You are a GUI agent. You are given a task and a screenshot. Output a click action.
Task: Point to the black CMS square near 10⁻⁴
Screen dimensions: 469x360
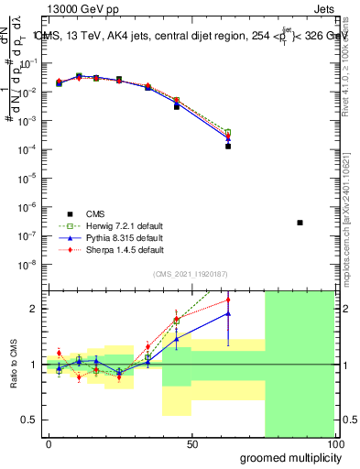click(x=227, y=146)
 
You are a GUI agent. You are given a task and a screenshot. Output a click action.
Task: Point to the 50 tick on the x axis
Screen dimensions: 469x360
click(x=192, y=443)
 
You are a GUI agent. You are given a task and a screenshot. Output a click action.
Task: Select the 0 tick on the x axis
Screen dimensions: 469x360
click(x=49, y=443)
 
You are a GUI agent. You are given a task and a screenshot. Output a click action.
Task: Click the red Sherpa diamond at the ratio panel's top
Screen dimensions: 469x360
click(x=227, y=300)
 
